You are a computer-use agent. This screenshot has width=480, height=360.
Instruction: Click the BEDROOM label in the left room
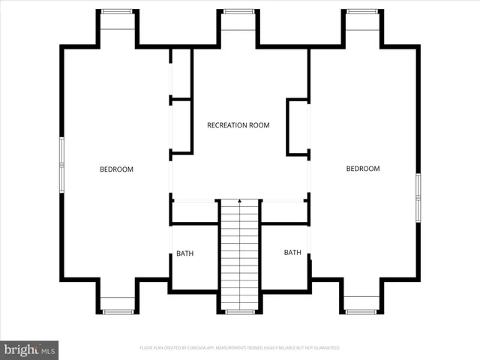[x=116, y=169]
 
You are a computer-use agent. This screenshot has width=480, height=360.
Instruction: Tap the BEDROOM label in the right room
[x=362, y=169]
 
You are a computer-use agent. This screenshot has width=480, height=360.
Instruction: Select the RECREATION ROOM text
[x=238, y=125]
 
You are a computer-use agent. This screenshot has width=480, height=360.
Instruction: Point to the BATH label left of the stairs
[x=184, y=253]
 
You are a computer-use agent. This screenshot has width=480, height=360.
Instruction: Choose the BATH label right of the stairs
[x=292, y=253]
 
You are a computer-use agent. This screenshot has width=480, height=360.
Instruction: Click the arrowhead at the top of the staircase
[x=239, y=201]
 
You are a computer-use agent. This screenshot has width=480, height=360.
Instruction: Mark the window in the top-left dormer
[x=117, y=11]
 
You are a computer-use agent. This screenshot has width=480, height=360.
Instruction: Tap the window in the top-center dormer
[x=239, y=11]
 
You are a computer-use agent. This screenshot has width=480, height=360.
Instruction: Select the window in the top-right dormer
[x=361, y=11]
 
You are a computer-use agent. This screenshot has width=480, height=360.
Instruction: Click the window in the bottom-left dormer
[x=117, y=311]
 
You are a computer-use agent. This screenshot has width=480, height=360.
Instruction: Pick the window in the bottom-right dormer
[x=361, y=311]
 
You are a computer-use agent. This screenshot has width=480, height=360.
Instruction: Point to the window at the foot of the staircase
[x=239, y=311]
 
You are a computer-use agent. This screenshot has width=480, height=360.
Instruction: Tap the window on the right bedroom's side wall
[x=418, y=198]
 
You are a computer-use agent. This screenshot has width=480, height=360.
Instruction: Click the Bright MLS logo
[x=29, y=349]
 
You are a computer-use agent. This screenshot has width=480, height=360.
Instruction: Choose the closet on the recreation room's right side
[x=298, y=127]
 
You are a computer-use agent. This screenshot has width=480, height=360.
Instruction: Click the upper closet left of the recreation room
[x=181, y=73]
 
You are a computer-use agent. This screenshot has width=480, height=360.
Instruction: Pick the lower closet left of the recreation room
[x=181, y=126]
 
